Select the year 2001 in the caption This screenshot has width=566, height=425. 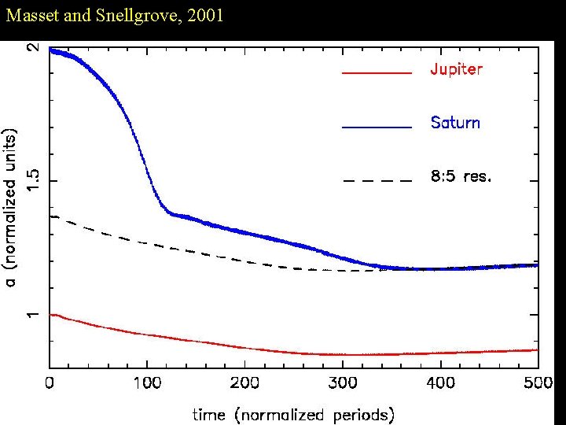(x=204, y=15)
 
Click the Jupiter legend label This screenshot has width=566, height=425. (x=456, y=69)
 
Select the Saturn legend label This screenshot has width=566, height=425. (x=455, y=123)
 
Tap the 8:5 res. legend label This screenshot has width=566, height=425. (x=461, y=176)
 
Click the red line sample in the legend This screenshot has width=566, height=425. (x=377, y=72)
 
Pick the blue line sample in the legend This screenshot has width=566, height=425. (x=377, y=127)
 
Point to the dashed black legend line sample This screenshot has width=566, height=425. (x=377, y=180)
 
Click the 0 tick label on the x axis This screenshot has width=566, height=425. (x=50, y=383)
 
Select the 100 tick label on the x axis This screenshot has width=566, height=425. (x=147, y=383)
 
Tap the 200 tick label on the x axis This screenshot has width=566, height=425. (x=244, y=383)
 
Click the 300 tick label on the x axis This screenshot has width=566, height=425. (x=343, y=383)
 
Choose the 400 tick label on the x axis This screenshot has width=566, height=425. (x=440, y=383)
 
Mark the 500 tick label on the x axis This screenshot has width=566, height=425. (x=538, y=383)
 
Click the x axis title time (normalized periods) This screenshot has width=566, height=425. (x=293, y=413)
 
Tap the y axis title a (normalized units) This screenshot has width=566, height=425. (x=11, y=206)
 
